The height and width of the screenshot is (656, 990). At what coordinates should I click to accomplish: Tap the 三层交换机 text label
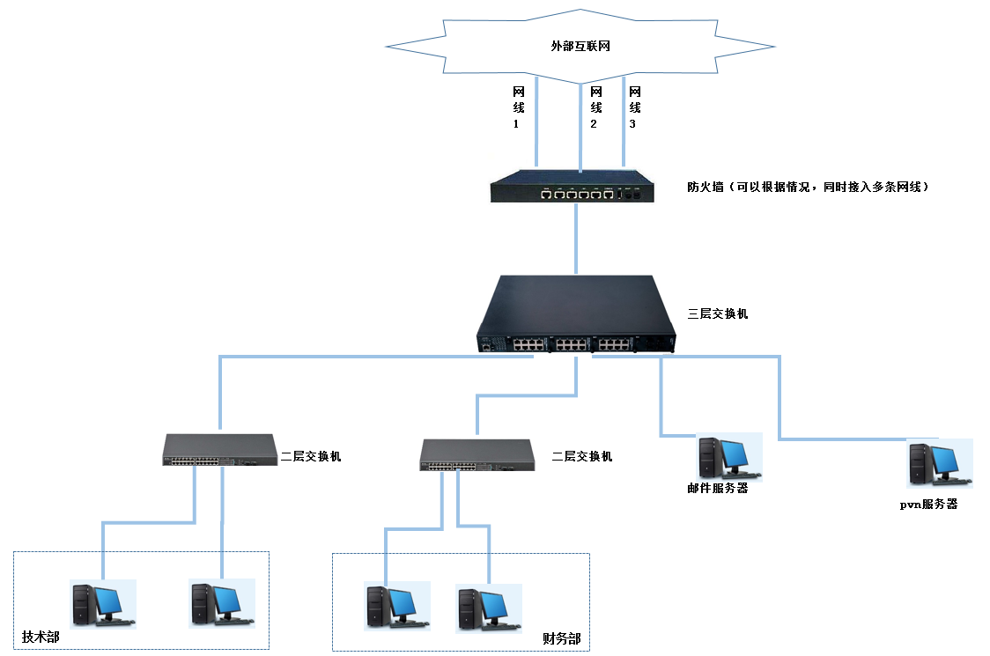click(x=718, y=313)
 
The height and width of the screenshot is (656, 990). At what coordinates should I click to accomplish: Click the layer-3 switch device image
click(x=576, y=315)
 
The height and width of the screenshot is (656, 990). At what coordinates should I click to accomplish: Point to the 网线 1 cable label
click(x=518, y=107)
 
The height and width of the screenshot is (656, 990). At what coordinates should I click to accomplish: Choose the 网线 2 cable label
click(x=595, y=107)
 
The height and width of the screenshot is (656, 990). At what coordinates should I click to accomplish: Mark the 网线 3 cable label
click(x=634, y=107)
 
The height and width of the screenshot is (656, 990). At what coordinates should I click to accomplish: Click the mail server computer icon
click(x=728, y=457)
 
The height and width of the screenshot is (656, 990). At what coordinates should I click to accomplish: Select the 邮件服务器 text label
click(x=718, y=488)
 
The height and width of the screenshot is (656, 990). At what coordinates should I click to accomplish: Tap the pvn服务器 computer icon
click(x=939, y=464)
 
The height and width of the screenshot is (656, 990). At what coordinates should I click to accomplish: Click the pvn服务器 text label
click(x=928, y=505)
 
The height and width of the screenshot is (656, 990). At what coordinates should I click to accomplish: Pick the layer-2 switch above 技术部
click(x=219, y=450)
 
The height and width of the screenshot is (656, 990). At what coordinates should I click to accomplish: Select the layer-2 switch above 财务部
click(x=477, y=455)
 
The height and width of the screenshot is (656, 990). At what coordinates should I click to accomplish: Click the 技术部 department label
click(x=41, y=637)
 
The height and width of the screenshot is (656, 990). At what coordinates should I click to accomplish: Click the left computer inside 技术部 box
click(x=103, y=603)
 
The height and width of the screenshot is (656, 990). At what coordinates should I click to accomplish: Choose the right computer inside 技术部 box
click(x=222, y=603)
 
